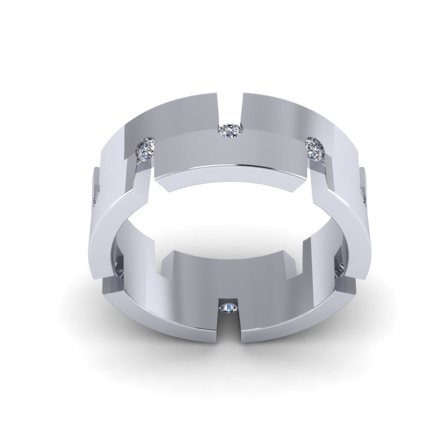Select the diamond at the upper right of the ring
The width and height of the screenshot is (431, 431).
tap(316, 148)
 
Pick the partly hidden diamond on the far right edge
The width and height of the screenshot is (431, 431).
tap(363, 196)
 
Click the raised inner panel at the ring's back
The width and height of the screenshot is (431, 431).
tap(230, 151)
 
